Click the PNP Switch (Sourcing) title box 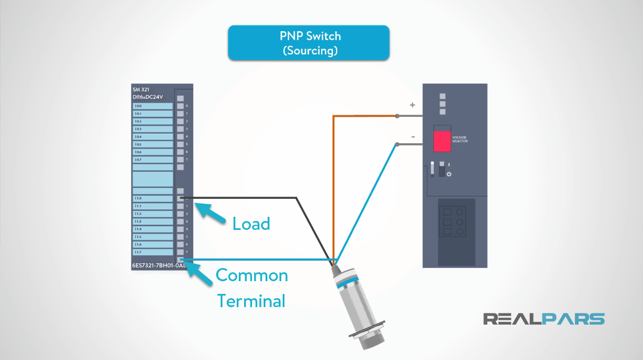(x=309, y=43)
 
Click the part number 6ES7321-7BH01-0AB (x=158, y=266)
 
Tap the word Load (x=251, y=224)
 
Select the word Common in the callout (x=252, y=275)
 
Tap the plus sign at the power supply (x=413, y=105)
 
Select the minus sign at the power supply (x=413, y=137)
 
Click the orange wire (x=333, y=185)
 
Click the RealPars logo (x=544, y=319)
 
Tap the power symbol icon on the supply (x=449, y=174)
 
